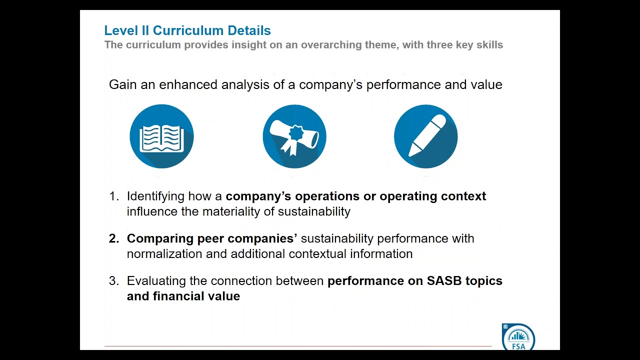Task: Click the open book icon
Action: click(161, 136)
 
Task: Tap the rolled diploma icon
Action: click(294, 136)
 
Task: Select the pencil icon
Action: click(425, 136)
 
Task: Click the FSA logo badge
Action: click(518, 337)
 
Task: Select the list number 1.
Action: click(113, 196)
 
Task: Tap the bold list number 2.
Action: click(113, 238)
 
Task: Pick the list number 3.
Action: click(113, 281)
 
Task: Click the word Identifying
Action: click(155, 196)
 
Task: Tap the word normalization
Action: click(164, 254)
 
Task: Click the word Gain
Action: click(123, 84)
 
